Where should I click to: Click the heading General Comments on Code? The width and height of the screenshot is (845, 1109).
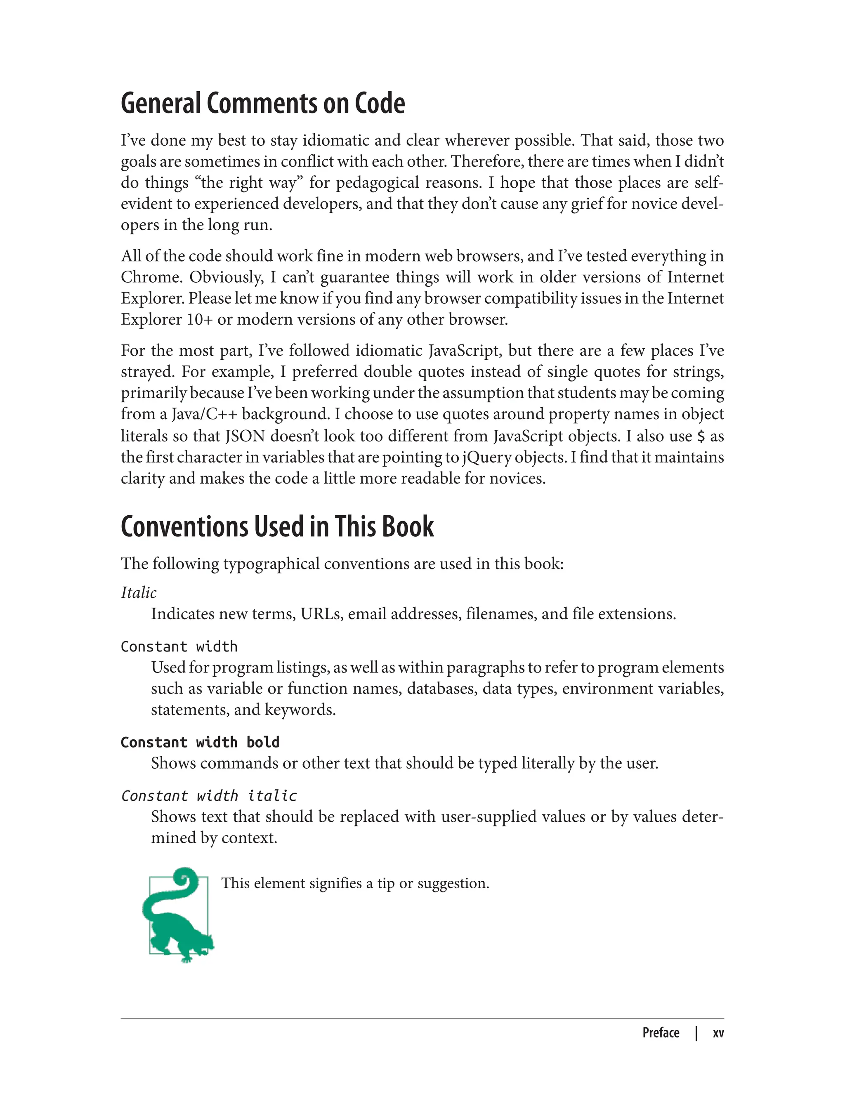(x=262, y=104)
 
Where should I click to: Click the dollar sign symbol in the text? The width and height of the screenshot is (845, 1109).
(x=701, y=436)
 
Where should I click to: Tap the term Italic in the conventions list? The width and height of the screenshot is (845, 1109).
(x=138, y=592)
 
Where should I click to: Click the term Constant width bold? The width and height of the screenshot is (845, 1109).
(x=200, y=742)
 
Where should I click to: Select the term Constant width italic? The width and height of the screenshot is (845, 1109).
(x=209, y=796)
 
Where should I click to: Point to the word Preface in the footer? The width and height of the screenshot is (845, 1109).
(x=661, y=1033)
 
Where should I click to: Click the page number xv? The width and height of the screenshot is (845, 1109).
(x=718, y=1033)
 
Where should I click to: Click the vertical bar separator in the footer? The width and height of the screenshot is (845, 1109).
(x=696, y=1033)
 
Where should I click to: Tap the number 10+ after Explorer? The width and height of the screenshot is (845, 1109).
(x=200, y=319)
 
